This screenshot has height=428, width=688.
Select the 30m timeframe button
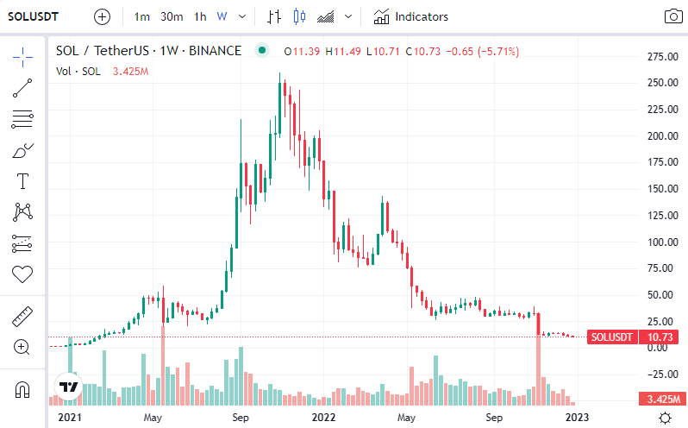172,16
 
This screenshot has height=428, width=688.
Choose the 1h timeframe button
199,16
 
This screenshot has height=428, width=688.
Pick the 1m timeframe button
142,16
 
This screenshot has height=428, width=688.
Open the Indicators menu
411,16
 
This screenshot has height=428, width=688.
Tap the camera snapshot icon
672,16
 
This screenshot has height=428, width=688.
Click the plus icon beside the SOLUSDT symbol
102,16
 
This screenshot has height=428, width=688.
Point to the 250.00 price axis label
662,83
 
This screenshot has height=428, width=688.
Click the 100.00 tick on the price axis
662,242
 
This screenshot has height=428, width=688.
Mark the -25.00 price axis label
662,374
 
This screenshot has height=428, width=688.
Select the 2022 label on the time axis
323,418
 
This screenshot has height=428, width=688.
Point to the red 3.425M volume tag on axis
662,400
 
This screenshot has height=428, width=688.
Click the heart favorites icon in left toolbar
22,274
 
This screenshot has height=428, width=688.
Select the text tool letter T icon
22,181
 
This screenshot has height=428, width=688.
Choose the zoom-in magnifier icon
22,347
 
